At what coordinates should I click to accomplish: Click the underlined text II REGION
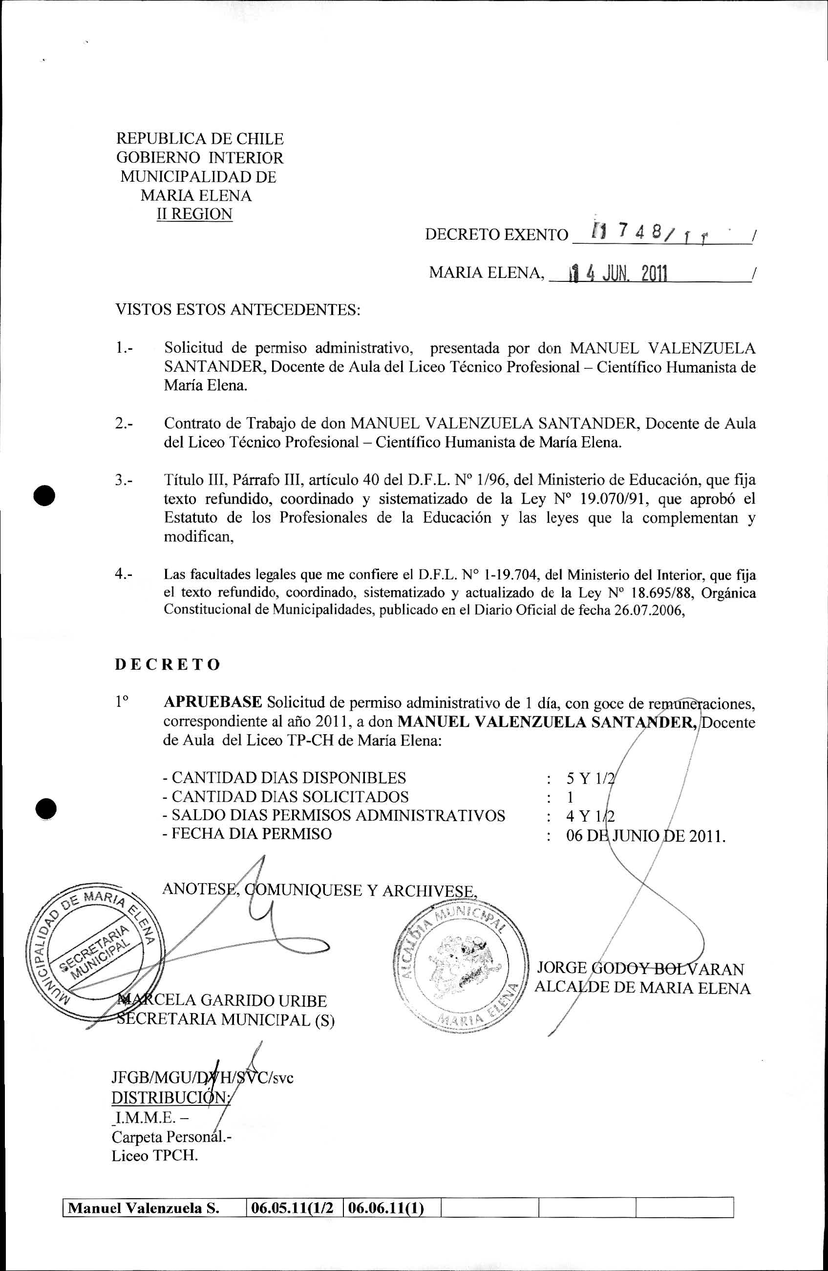[194, 214]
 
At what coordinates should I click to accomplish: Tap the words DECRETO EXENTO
[496, 235]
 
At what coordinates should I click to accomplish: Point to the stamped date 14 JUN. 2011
[618, 274]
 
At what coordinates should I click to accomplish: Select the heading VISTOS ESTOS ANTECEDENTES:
[238, 310]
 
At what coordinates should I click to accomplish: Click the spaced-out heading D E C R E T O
[167, 665]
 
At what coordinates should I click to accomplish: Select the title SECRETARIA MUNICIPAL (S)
[225, 1019]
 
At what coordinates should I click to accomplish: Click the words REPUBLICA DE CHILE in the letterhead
[200, 139]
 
